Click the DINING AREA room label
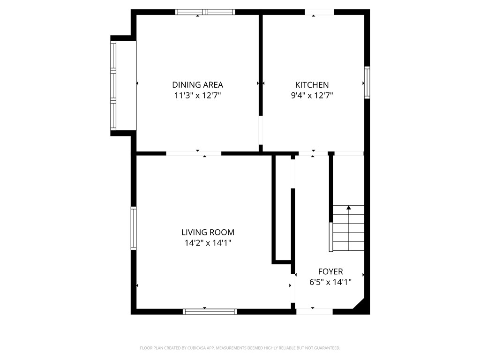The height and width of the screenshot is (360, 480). point(197,85)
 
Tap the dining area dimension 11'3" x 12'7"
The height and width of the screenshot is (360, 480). point(197,96)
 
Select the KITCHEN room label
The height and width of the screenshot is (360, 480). point(312,85)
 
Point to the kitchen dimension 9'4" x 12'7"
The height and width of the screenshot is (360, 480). point(312,96)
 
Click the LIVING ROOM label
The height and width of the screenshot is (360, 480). point(208,232)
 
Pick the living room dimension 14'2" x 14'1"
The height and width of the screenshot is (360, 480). point(208,243)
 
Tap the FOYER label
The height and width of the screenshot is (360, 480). point(330,271)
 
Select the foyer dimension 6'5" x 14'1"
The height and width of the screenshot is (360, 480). point(330,282)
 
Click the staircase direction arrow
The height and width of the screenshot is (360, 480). point(348,207)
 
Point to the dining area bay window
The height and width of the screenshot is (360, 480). point(113,85)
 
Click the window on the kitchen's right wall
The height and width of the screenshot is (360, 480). point(367,82)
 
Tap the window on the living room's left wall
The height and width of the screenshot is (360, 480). point(134,228)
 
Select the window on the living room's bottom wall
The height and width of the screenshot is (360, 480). point(210,311)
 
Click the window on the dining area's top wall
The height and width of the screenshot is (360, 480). point(205,12)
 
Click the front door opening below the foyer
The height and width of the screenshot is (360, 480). point(315,311)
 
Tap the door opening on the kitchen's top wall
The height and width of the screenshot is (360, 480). point(319,12)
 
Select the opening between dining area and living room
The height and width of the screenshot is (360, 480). point(194,153)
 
